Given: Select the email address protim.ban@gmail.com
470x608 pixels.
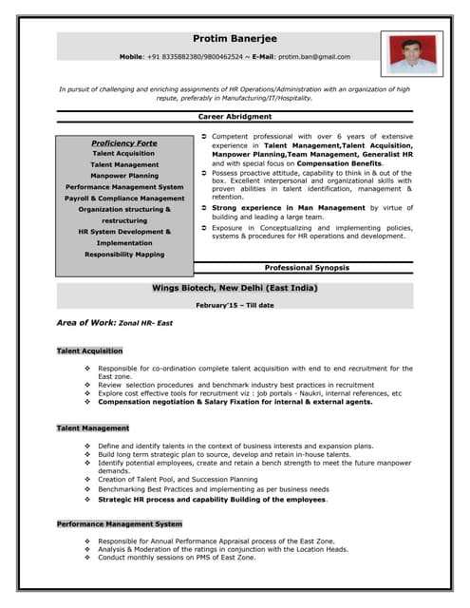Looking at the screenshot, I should tap(314, 57).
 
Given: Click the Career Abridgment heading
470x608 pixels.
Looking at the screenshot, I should tap(235, 116).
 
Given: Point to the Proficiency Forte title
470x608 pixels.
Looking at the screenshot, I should tap(124, 142).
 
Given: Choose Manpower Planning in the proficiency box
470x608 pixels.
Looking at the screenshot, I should tap(124, 176).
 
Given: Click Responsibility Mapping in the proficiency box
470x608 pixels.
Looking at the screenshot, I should tap(124, 255).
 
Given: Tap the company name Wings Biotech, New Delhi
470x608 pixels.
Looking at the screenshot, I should tap(235, 287).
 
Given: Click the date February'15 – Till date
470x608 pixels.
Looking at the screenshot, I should tap(235, 305).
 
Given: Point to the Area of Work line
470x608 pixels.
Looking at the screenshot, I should tap(117, 324).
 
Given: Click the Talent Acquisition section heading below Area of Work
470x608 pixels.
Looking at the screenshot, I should tap(90, 351).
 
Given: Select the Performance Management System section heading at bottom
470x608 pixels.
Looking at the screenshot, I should tap(120, 523).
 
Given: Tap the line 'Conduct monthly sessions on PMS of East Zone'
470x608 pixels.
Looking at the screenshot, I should tap(177, 558).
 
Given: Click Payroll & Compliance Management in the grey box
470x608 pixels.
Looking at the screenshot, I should tap(124, 199).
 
